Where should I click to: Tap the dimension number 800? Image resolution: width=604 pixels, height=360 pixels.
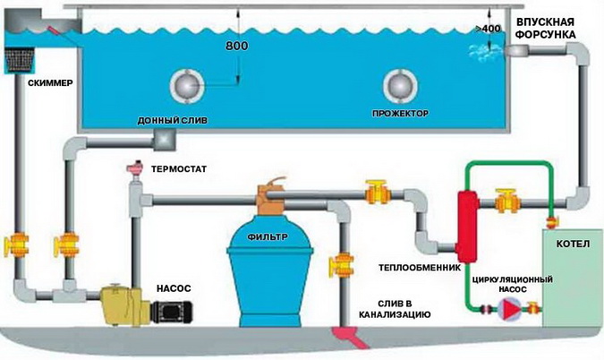[237, 45]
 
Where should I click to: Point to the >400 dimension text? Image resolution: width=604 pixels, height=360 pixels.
[491, 30]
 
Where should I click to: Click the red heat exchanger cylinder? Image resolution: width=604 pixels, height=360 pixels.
[467, 221]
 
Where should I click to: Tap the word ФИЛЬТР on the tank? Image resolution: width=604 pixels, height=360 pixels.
[266, 238]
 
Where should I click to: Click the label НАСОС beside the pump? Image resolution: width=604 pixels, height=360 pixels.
[174, 288]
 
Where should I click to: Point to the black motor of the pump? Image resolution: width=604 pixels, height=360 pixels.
[168, 311]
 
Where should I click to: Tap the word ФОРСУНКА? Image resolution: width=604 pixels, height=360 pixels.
[550, 34]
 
